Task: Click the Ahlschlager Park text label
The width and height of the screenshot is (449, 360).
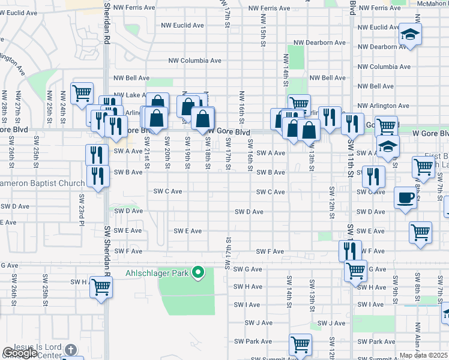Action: coord(157,274)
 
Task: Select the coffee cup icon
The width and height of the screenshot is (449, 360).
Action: coord(406,198)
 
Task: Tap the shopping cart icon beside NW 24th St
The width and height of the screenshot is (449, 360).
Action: coord(81,93)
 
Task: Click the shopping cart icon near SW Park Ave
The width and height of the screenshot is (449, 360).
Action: coord(300,344)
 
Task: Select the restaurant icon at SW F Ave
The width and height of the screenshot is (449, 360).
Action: coord(351,249)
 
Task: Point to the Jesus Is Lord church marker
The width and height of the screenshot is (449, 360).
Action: coord(70,350)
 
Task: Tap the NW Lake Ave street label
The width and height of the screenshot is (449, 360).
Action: coord(130,95)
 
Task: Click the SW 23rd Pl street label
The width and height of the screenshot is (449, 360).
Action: coord(80,208)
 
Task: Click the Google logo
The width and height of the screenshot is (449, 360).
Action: coord(20,353)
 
